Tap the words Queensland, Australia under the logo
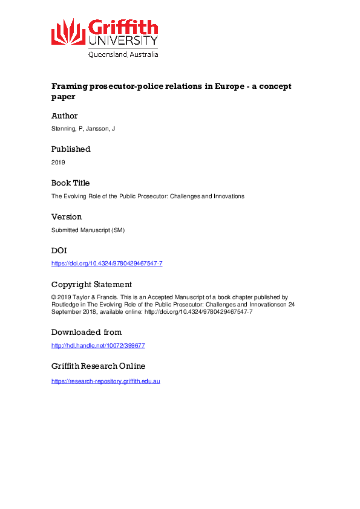[x=123, y=54]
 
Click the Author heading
[x=65, y=115]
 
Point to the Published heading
[x=71, y=149]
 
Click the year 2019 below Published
[x=58, y=162]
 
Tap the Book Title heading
[x=70, y=183]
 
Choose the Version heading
[x=67, y=216]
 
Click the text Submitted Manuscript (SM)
[x=88, y=230]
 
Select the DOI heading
[x=59, y=250]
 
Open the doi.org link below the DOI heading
[x=107, y=264]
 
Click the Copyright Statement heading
[x=91, y=284]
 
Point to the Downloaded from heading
[x=87, y=332]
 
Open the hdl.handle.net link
[x=98, y=345]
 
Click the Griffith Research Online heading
[x=99, y=366]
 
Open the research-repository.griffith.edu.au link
[x=106, y=381]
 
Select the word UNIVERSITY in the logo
[x=123, y=41]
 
